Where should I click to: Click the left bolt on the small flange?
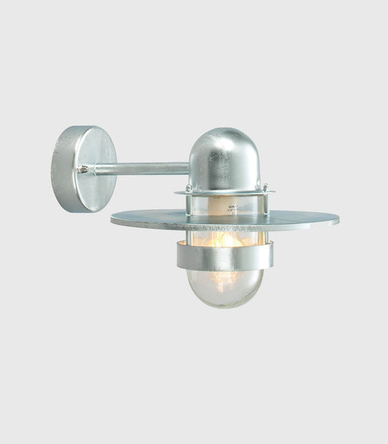(x=189, y=188)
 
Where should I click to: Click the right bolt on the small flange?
(x=265, y=187)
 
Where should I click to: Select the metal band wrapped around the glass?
(x=224, y=256)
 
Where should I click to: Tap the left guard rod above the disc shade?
(x=189, y=204)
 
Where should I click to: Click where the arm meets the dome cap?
(x=189, y=168)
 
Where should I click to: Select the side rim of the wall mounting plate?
(x=63, y=169)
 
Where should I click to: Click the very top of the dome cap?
(x=224, y=130)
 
